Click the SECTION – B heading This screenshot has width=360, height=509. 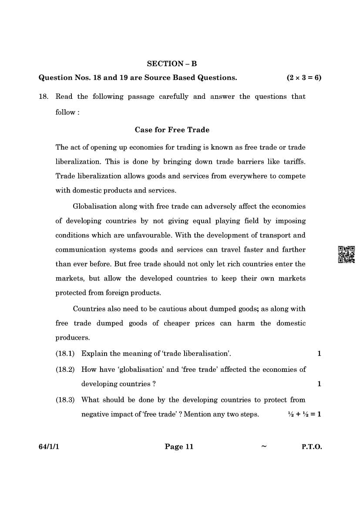(x=172, y=64)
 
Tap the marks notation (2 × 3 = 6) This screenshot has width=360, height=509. (x=304, y=78)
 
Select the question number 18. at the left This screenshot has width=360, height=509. (x=43, y=97)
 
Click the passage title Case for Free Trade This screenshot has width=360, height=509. (x=172, y=130)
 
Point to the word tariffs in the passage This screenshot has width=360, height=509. (x=293, y=162)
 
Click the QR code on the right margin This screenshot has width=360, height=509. (x=347, y=254)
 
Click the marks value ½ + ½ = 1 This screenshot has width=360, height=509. (x=304, y=414)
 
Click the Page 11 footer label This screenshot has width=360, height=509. (x=178, y=447)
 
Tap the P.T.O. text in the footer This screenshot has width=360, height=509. (x=312, y=447)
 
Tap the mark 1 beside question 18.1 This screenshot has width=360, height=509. (x=319, y=354)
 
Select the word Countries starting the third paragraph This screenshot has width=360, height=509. (x=89, y=309)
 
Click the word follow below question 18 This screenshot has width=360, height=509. (x=65, y=112)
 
